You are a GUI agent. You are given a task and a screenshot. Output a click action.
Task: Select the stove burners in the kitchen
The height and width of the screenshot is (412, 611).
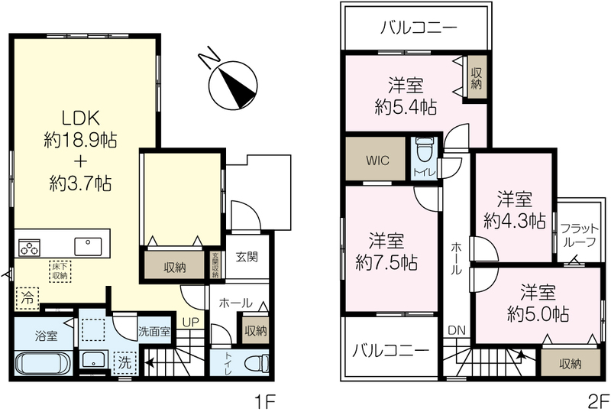coord(29,248)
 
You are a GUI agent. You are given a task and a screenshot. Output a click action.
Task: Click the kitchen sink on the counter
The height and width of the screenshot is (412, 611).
coord(88,247)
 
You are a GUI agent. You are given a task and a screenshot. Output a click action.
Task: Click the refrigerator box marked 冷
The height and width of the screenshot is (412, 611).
coord(27,298)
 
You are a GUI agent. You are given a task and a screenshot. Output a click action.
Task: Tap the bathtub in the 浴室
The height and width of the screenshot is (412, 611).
coord(43,362)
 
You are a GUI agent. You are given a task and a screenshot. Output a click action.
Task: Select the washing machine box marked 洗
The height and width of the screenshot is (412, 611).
coord(124,363)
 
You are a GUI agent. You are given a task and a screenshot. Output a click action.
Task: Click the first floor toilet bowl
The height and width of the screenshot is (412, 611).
coord(257,363)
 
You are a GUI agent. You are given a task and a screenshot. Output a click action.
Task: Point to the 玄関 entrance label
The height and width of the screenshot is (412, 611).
coord(247,257)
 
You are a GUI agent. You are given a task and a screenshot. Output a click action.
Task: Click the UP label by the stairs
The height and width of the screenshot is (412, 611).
coord(192,323)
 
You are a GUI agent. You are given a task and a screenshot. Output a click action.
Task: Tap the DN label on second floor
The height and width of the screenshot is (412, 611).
coord(457,330)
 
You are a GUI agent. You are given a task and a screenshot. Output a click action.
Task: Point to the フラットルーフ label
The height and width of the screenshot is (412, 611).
coord(578,235)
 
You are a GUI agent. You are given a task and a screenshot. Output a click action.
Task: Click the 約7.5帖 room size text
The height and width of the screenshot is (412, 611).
coord(386,263)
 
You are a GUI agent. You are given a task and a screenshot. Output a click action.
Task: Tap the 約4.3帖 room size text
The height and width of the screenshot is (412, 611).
coord(515,221)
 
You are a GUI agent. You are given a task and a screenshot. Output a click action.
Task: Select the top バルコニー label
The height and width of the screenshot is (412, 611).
coord(419,28)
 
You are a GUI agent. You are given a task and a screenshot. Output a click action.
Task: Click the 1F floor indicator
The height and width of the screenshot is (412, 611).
coord(265,401)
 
